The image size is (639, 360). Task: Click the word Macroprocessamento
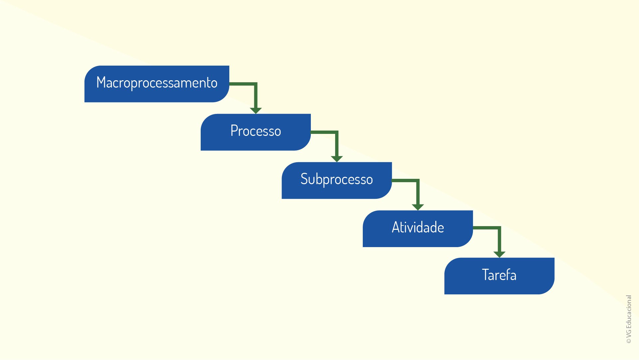(x=157, y=83)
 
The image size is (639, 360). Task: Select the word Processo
(x=256, y=131)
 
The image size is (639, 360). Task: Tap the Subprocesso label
(x=336, y=180)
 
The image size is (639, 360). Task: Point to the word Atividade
(x=418, y=227)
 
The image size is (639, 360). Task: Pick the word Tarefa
(x=499, y=275)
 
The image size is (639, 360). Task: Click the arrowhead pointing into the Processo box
(x=256, y=111)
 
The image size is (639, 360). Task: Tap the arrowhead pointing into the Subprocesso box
(x=337, y=159)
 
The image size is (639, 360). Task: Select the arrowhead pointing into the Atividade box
(x=418, y=207)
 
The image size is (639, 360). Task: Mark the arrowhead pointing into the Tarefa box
(x=499, y=254)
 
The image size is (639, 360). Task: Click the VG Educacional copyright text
(x=629, y=319)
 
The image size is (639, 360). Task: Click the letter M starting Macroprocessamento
(x=101, y=82)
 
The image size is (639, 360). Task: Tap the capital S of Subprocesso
(x=304, y=179)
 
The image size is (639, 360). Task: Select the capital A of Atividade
(x=395, y=227)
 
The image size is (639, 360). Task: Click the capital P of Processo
(x=234, y=131)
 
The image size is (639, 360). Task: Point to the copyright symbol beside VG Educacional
(x=629, y=341)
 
